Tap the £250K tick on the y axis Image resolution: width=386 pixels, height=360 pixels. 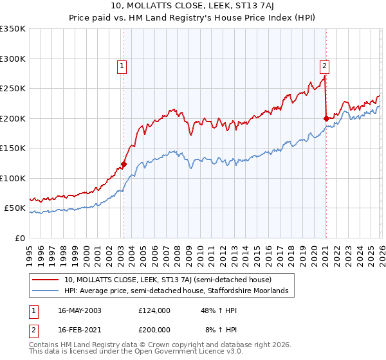coord(13,89)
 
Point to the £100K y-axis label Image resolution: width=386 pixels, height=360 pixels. coord(13,178)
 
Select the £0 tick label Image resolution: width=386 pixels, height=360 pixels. coord(20,238)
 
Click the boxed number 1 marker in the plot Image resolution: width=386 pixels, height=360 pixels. coord(122,65)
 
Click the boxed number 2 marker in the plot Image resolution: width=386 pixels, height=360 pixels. coord(325,65)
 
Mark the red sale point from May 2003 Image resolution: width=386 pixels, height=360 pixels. coord(124,164)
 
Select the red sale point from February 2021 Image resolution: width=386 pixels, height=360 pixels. coord(326,118)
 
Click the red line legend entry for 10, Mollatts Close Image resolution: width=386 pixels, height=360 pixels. coord(167,280)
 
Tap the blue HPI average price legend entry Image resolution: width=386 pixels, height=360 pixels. coord(176,291)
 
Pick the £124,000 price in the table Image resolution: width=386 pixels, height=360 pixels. coord(154,310)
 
